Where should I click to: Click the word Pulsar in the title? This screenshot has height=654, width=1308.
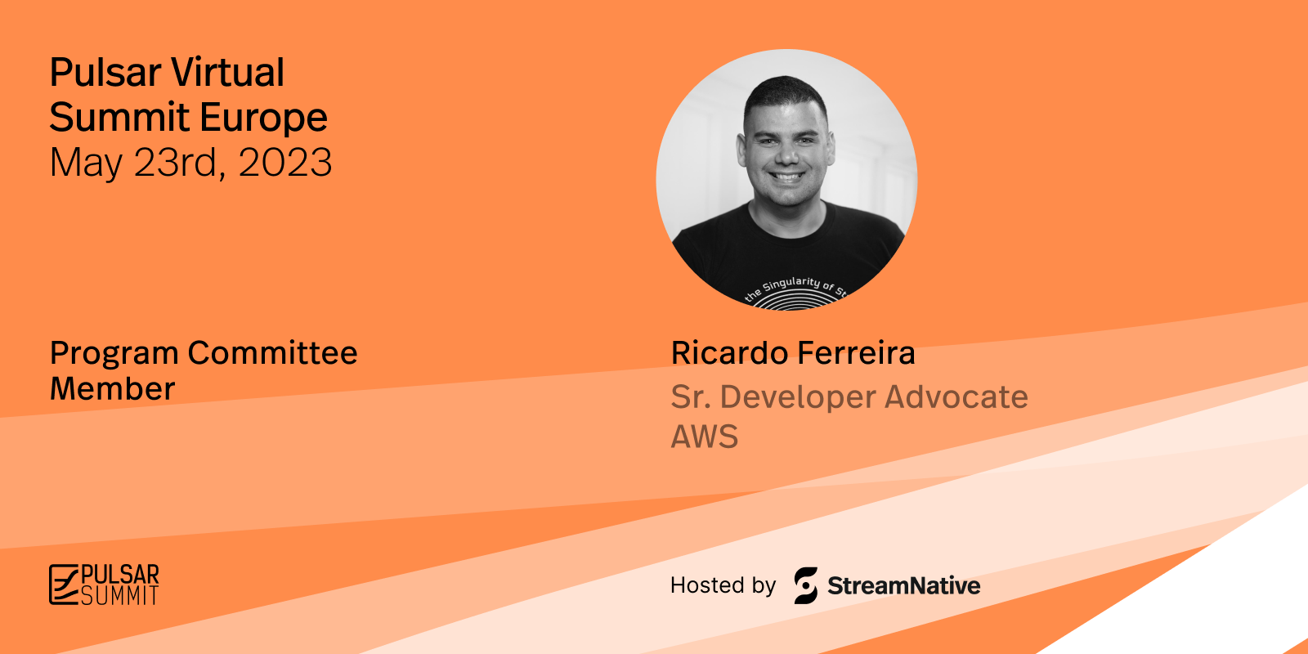(105, 73)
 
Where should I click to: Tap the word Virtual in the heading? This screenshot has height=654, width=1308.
(227, 73)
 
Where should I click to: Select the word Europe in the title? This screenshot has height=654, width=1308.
(263, 119)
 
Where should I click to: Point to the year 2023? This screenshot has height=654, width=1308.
(285, 162)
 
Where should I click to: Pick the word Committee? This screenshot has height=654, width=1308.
(272, 352)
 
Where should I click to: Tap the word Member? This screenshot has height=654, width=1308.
(112, 389)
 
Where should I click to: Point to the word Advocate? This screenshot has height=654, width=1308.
(956, 397)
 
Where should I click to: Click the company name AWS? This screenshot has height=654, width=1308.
(704, 437)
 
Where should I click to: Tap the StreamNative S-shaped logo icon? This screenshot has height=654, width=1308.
(806, 585)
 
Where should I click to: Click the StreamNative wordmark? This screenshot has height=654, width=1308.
(904, 585)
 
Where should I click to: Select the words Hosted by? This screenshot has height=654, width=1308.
(723, 585)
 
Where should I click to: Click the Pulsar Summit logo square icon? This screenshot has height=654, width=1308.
(63, 584)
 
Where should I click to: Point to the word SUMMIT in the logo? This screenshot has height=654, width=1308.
(119, 595)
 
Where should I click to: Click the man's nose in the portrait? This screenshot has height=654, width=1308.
(788, 153)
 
